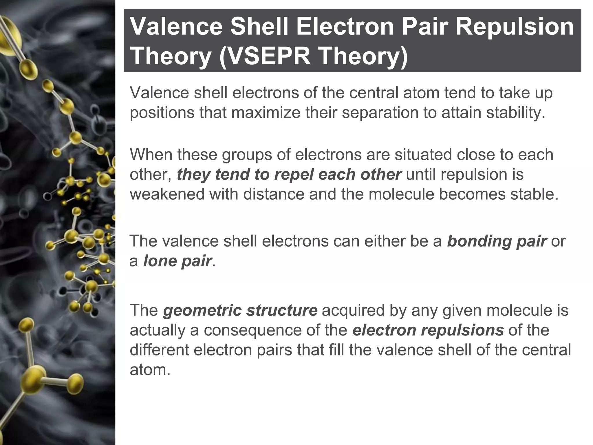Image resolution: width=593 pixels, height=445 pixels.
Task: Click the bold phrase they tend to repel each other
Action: pyautogui.click(x=289, y=174)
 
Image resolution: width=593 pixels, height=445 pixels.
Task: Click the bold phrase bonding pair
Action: pyautogui.click(x=497, y=241)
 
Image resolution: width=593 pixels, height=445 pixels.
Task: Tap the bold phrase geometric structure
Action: pyautogui.click(x=240, y=310)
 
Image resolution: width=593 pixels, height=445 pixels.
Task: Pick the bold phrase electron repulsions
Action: pyautogui.click(x=428, y=330)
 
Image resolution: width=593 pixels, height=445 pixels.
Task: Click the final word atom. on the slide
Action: pyautogui.click(x=150, y=370)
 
